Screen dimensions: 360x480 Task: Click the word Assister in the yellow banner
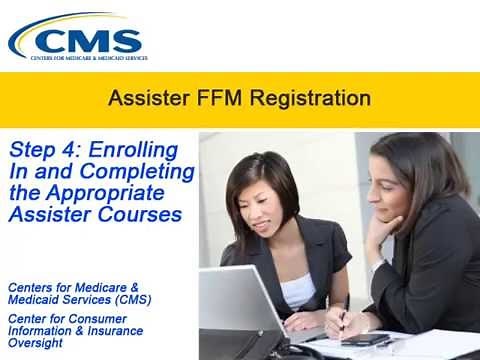[145, 99]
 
